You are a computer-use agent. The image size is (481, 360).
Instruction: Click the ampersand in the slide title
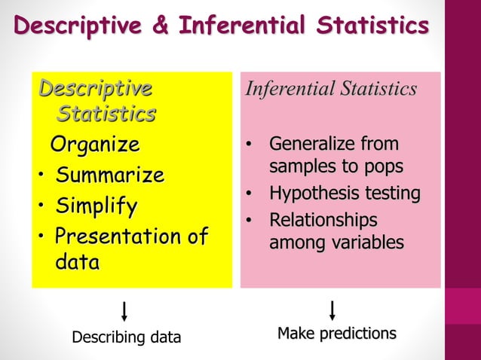pos(162,25)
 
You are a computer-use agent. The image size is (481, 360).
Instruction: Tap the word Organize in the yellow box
pos(94,144)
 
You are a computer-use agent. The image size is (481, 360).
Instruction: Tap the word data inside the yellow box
pos(77,263)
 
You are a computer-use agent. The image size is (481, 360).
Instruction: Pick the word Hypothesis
pos(312,194)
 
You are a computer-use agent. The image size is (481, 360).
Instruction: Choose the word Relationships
pos(323,221)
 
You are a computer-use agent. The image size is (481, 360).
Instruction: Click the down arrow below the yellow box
pos(124,310)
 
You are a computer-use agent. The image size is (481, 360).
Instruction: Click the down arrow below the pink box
pos(332,310)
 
